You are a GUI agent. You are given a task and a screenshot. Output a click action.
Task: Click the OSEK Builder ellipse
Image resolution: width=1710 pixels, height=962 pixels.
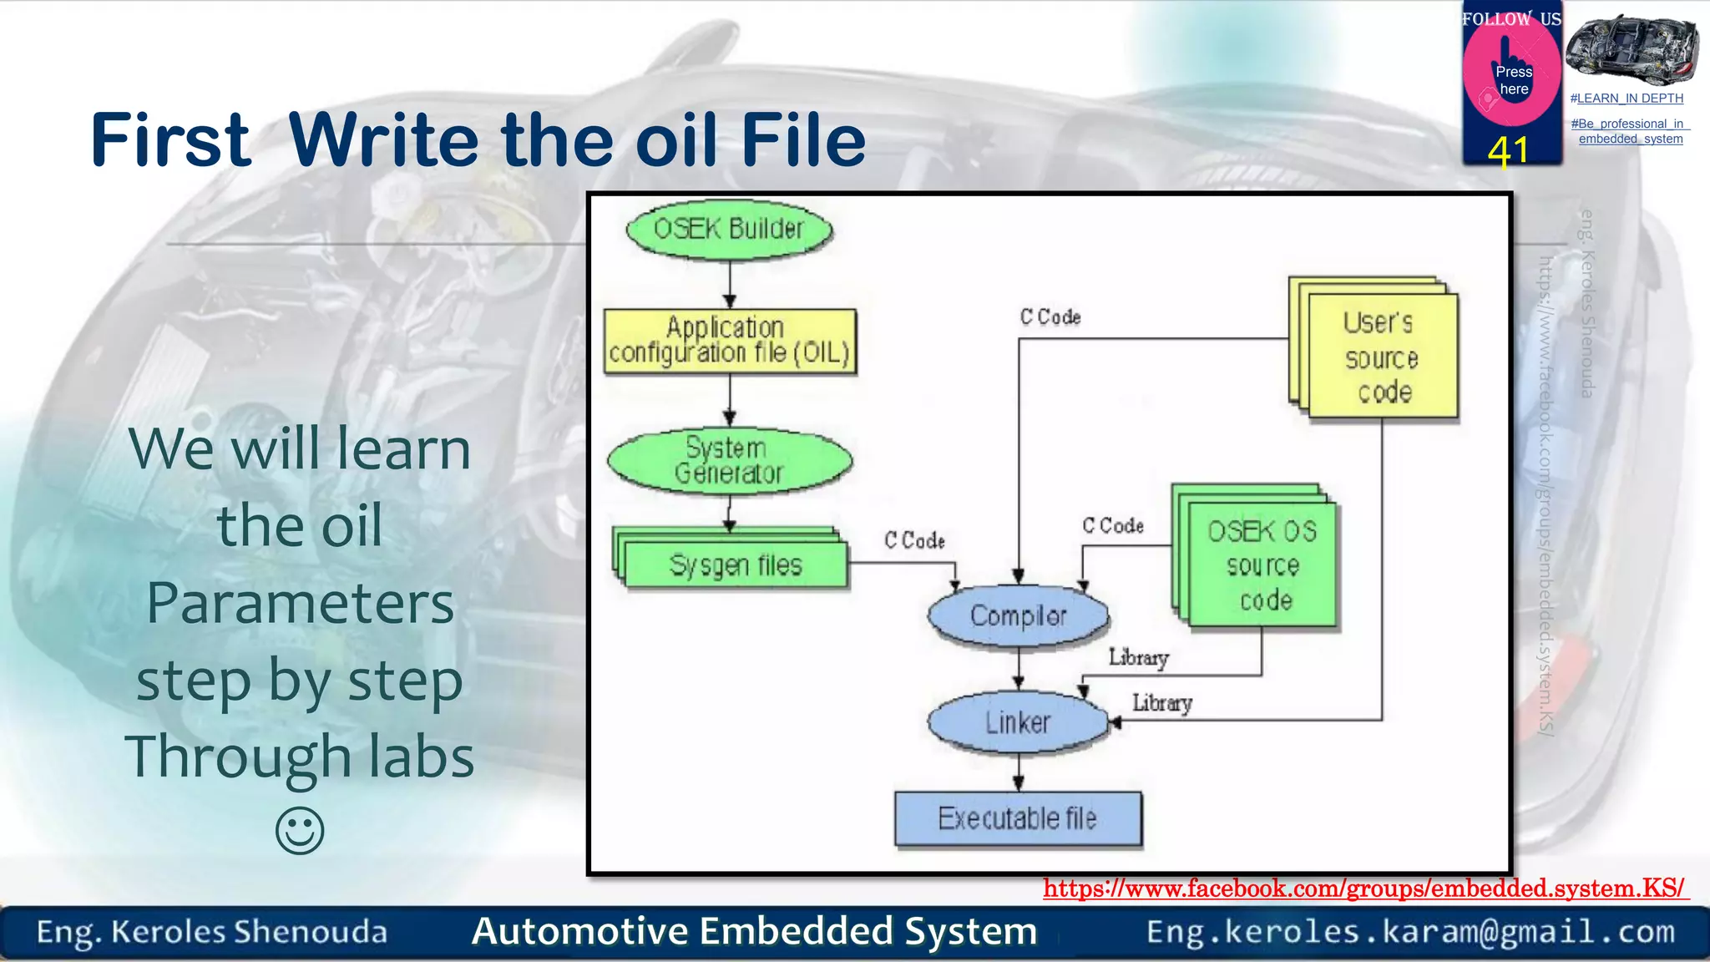(729, 229)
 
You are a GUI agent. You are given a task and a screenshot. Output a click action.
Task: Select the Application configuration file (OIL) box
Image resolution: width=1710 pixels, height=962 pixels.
(730, 341)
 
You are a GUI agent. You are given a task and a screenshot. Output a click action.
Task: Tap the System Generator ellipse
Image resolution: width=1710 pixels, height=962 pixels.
(729, 461)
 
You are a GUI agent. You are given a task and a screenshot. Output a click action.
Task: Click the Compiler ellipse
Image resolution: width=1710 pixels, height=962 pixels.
(1018, 616)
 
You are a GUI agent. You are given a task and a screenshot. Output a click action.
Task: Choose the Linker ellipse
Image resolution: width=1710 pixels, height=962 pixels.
(1017, 722)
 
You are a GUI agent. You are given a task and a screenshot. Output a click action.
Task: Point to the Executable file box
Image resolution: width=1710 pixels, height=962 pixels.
(1017, 818)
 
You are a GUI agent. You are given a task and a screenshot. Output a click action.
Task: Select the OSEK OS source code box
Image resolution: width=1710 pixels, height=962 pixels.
(1262, 565)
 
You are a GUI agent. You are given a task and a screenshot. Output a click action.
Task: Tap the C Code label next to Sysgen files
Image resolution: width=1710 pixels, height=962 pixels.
(914, 541)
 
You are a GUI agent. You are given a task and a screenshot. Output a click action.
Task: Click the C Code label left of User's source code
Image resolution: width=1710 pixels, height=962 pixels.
(1050, 317)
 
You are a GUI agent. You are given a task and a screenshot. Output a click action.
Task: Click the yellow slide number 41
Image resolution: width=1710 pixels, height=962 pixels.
(1508, 151)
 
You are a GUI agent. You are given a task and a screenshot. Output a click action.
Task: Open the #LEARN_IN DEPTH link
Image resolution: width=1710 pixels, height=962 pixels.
(1627, 99)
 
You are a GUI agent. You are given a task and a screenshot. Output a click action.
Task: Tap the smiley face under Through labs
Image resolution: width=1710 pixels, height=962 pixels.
(300, 831)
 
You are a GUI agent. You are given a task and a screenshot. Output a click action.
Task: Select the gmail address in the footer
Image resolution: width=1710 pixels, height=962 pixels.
(1410, 932)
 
